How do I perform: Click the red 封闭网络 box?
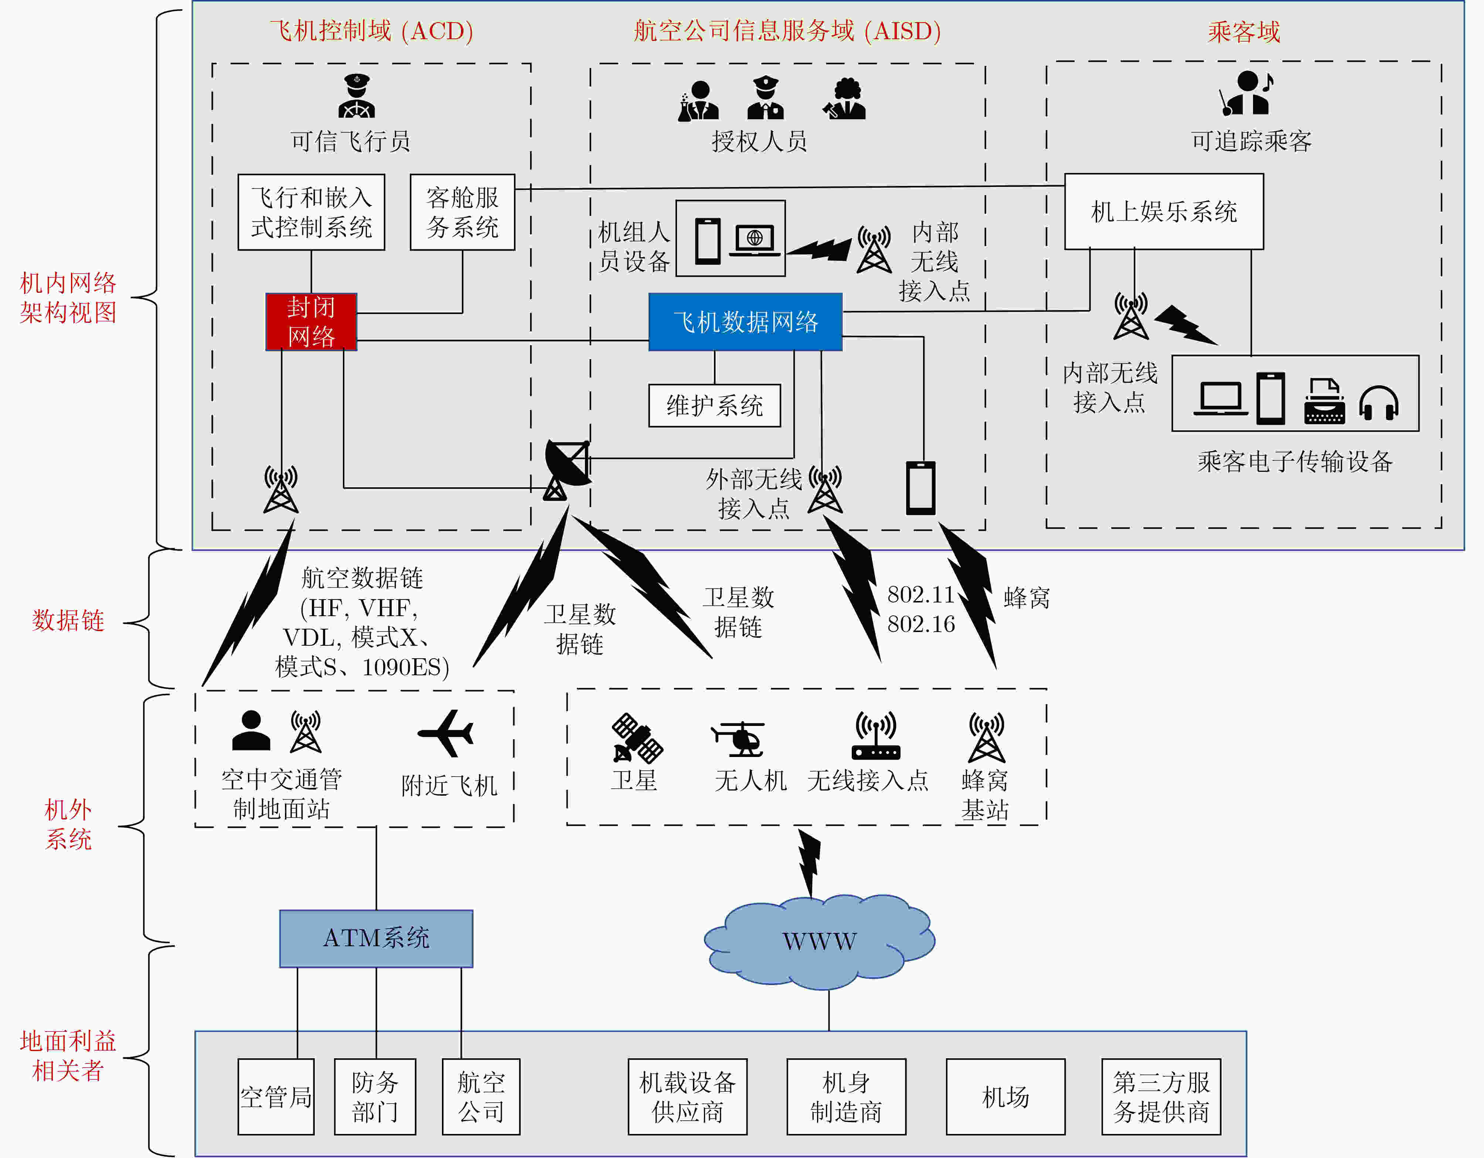[311, 322]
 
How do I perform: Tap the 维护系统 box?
[714, 406]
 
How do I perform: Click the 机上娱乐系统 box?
[1163, 211]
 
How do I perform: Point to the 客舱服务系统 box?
[462, 212]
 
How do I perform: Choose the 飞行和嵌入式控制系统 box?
[311, 212]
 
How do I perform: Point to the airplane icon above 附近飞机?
[446, 733]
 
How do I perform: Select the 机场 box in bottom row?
[1005, 1096]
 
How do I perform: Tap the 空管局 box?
[276, 1096]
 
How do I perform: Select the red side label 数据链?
[68, 620]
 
